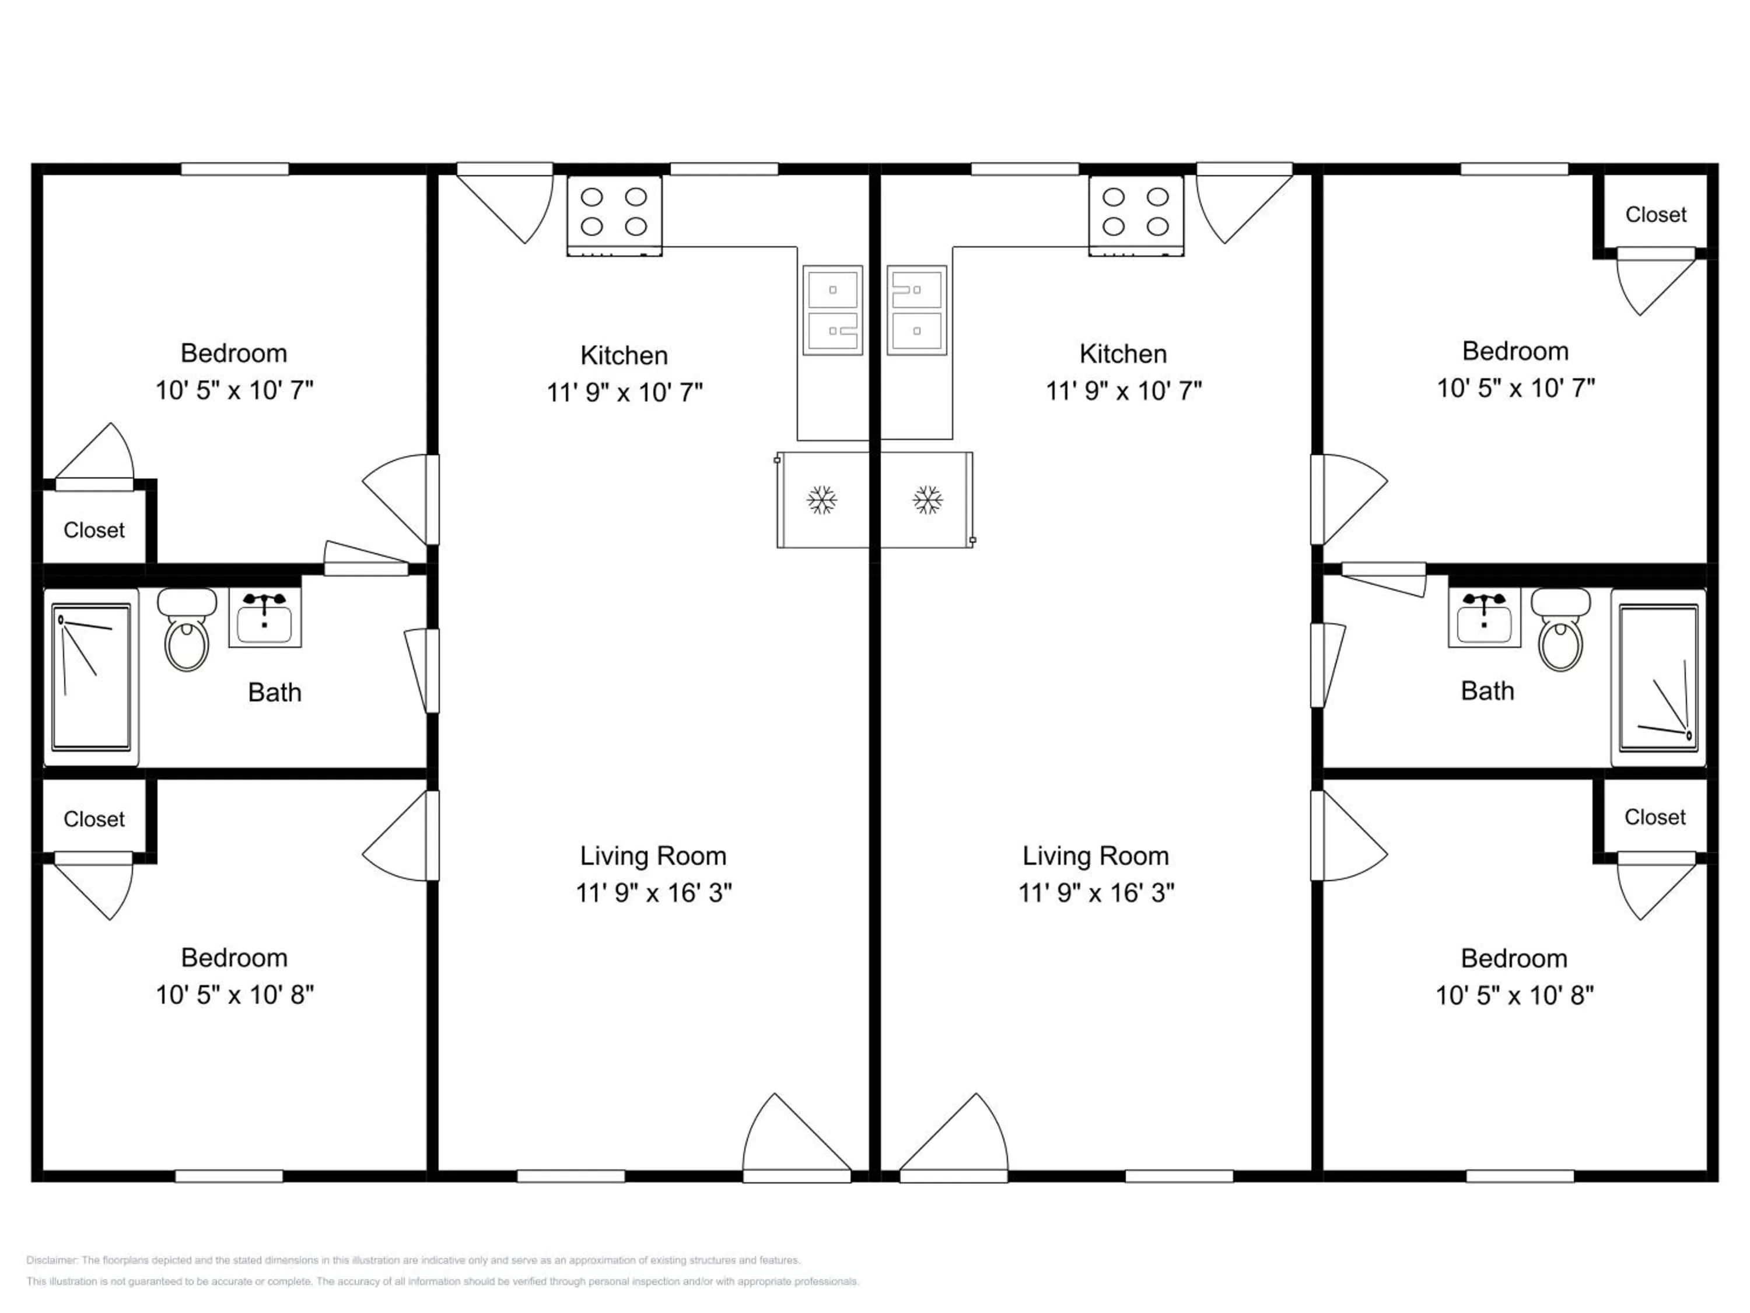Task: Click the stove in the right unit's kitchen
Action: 1136,215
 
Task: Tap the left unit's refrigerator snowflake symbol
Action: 822,500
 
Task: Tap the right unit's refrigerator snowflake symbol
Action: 928,500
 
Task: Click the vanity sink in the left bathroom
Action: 265,618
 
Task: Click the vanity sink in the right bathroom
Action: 1484,618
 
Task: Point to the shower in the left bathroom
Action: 91,678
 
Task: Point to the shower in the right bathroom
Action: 1659,678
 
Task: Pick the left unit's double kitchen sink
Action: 833,310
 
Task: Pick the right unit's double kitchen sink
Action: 917,310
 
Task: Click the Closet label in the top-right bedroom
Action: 1656,215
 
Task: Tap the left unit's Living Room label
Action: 653,855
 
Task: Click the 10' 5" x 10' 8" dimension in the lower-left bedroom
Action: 235,995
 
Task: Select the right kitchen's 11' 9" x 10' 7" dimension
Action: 1124,391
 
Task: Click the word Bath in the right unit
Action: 1487,691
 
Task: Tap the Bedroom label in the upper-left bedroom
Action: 234,353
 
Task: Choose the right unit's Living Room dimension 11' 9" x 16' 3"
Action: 1097,893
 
